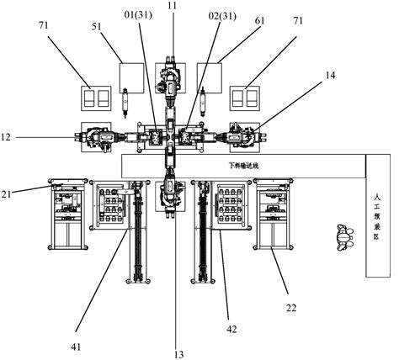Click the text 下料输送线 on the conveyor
pos(245,166)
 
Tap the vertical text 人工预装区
pos(379,215)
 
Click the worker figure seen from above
pos(342,237)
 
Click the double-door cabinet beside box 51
pos(97,98)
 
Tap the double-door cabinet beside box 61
pos(247,98)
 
